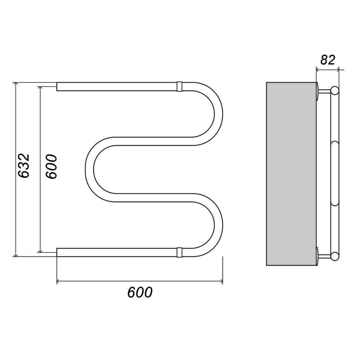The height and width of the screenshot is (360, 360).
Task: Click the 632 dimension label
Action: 24,166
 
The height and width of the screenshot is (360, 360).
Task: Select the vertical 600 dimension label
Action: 51,166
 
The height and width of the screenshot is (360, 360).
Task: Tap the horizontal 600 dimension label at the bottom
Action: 140,292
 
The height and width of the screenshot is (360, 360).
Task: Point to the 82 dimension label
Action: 328,60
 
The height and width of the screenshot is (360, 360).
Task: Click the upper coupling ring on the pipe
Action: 179,86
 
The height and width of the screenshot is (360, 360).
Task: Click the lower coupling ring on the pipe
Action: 179,252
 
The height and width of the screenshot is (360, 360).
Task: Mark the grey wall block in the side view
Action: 291,174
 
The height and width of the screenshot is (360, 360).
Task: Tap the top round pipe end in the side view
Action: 335,90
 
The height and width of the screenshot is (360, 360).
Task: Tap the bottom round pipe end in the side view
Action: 335,256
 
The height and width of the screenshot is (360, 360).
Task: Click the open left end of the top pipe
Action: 57,86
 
